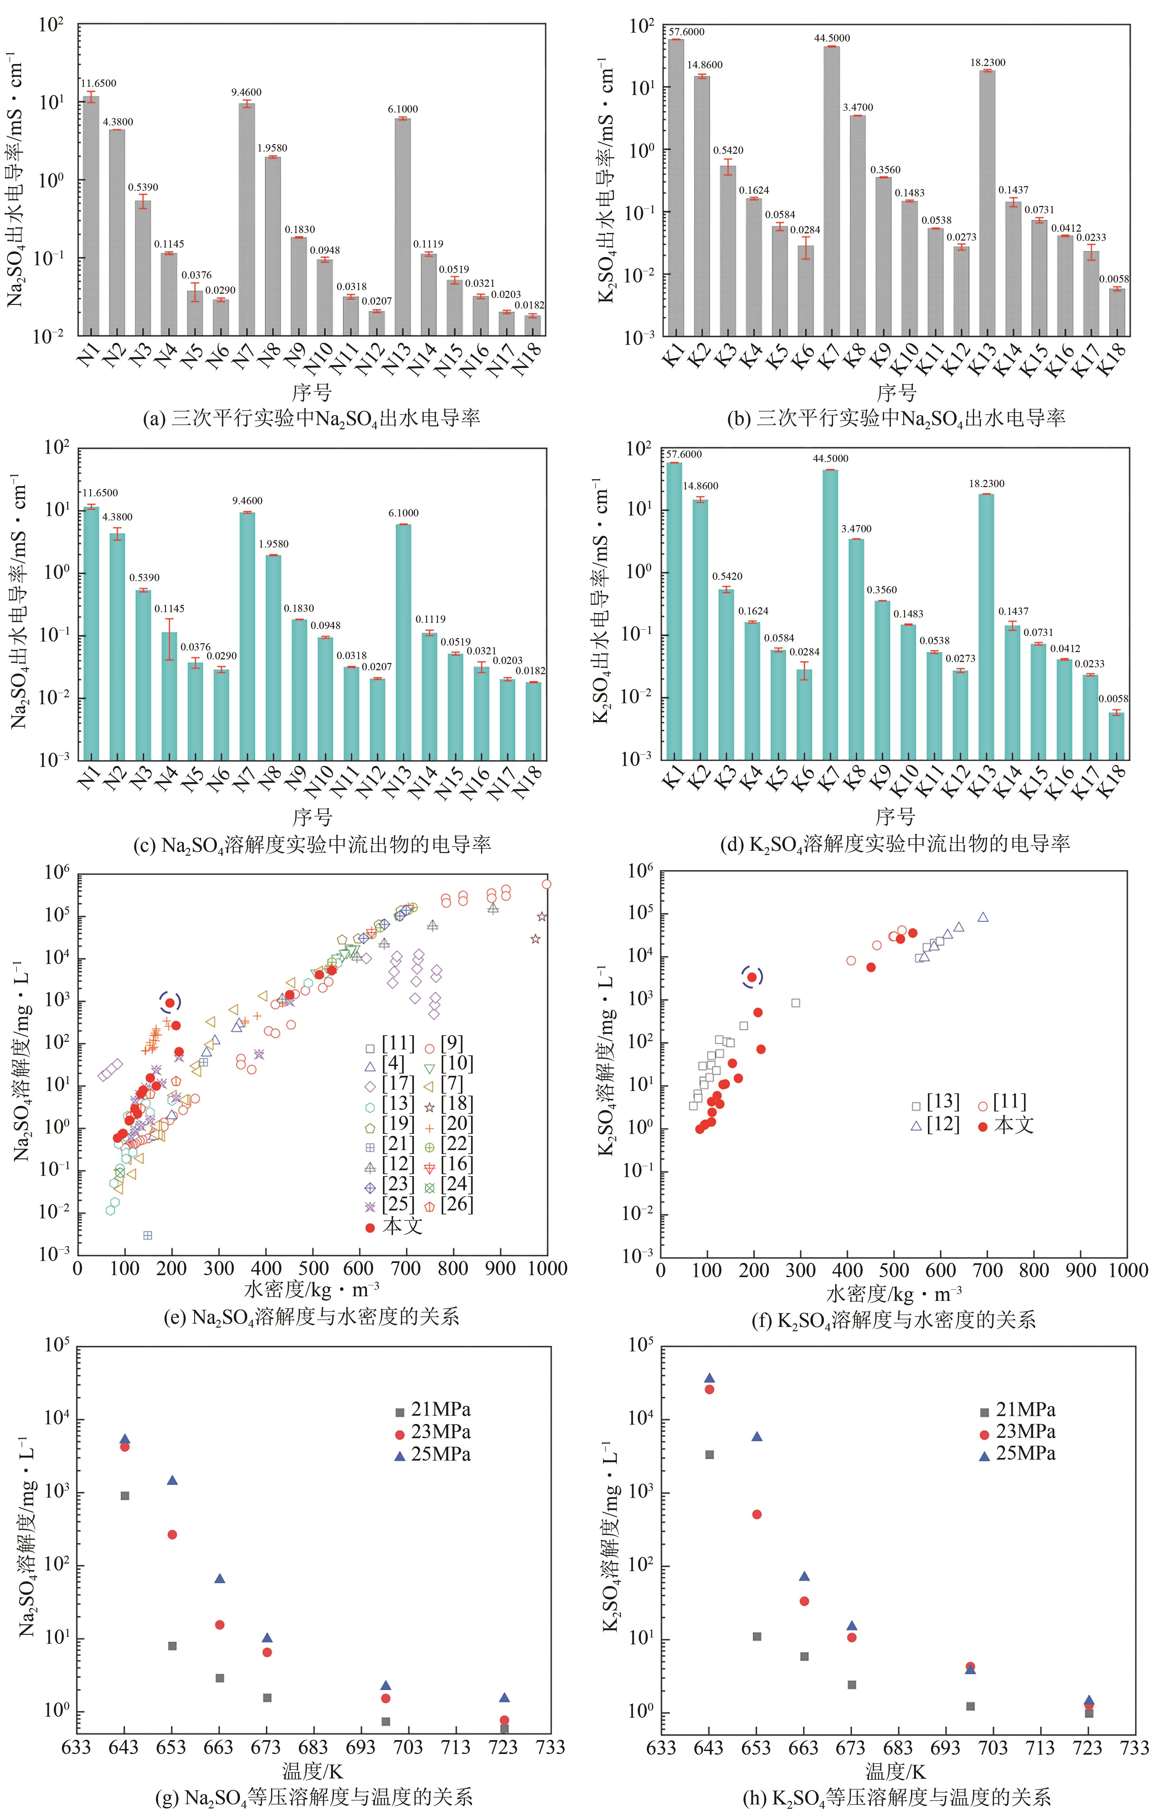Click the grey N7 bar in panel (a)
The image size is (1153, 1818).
click(247, 219)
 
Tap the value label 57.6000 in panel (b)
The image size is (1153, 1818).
click(686, 32)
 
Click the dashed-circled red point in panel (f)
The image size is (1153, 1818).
click(752, 977)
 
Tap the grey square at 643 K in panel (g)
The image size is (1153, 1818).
click(125, 1496)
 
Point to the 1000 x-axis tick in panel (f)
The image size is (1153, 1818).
click(1127, 1270)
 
